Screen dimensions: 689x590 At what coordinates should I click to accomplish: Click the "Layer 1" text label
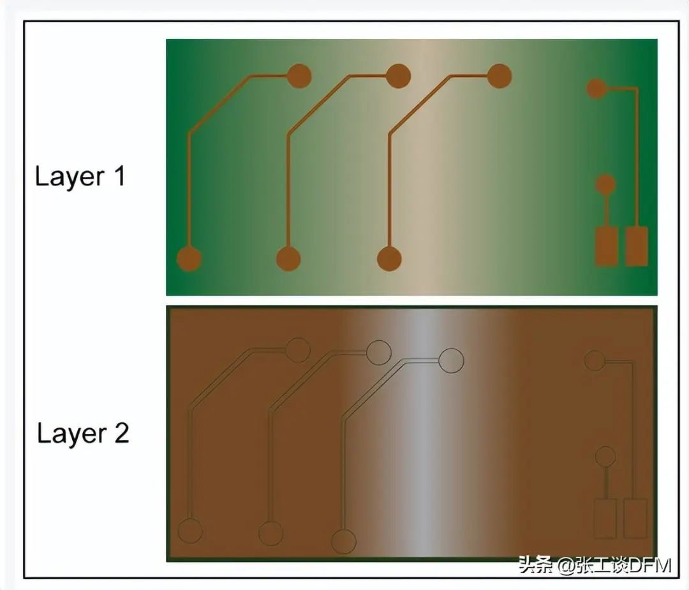coord(80,176)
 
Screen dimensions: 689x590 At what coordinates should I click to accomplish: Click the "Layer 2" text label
coord(82,433)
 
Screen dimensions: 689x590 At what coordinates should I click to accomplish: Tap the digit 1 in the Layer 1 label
coord(120,176)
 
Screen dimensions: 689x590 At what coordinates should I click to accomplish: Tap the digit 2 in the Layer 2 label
coord(122,433)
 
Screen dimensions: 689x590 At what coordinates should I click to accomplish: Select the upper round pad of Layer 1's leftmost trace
coord(299,76)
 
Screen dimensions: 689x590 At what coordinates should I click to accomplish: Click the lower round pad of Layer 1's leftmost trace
coord(189,259)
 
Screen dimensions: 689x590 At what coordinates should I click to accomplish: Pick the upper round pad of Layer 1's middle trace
coord(398,76)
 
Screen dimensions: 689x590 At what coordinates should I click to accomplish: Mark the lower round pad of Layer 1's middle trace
coord(288,259)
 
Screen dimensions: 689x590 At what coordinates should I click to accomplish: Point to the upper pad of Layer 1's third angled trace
coord(499,76)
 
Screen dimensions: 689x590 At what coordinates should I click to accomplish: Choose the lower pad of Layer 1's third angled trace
coord(389,259)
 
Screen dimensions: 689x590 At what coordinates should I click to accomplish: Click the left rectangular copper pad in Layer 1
coord(607,247)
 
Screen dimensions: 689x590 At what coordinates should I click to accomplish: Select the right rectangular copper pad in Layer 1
coord(637,247)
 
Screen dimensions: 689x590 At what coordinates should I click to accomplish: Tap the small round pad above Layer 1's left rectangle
coord(605,185)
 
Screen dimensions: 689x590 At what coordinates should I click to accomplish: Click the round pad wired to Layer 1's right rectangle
coord(596,88)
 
